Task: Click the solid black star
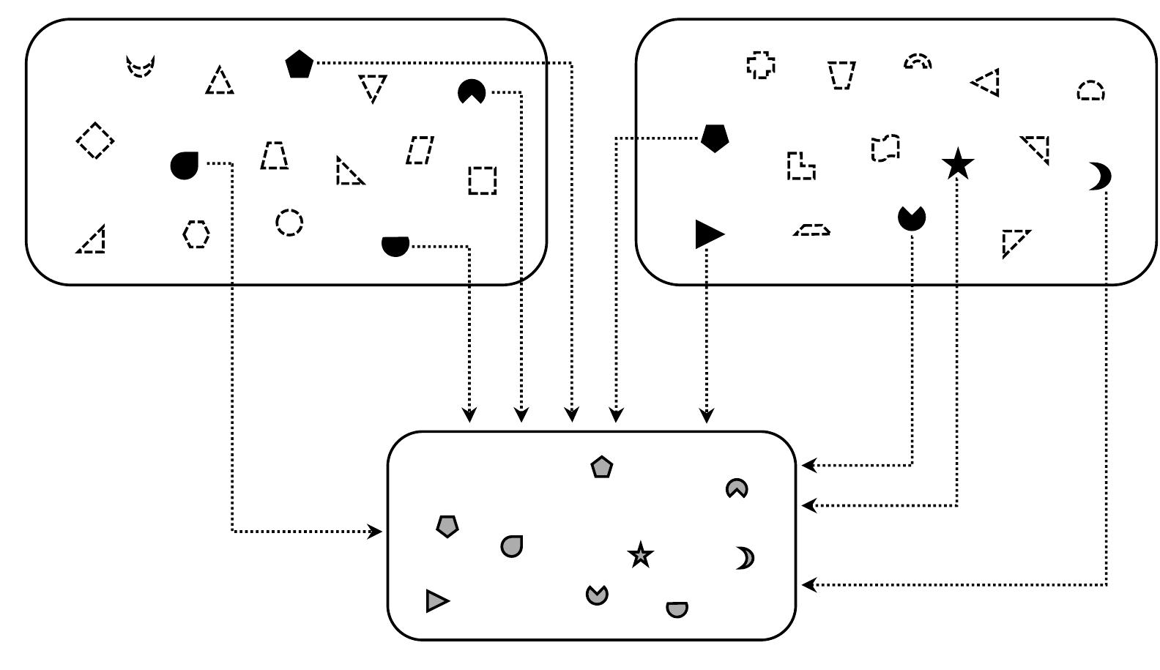tap(958, 165)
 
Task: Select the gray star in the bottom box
tap(641, 555)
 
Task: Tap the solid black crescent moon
tap(1100, 176)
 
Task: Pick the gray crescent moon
tap(746, 558)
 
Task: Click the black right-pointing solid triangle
tap(707, 234)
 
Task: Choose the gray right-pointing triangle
tap(436, 601)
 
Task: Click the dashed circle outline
tap(289, 222)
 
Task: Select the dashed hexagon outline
tap(196, 234)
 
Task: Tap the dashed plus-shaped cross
tap(761, 65)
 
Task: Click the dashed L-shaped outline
tap(800, 167)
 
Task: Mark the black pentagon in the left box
tap(299, 64)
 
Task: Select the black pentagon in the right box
tap(715, 138)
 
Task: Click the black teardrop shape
tap(184, 165)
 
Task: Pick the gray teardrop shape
tap(512, 546)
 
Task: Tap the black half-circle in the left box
tap(395, 245)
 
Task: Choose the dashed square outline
tap(482, 180)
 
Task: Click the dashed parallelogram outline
tap(420, 150)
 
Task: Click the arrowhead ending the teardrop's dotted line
tap(377, 531)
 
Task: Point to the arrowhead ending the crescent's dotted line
tap(807, 584)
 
